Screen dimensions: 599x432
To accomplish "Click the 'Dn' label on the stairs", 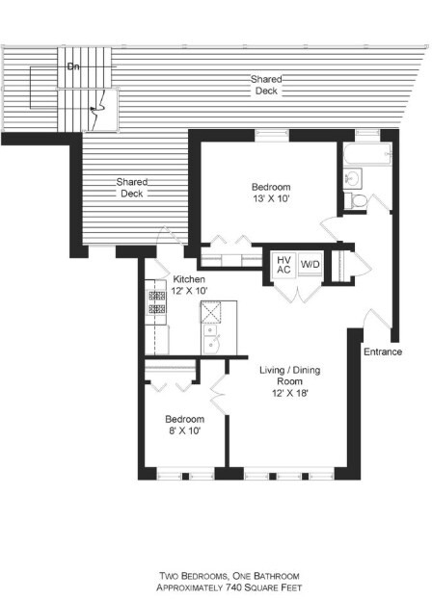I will [x=73, y=66].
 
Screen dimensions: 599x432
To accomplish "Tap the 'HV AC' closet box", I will [x=283, y=265].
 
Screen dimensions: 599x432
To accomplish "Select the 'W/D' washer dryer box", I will [x=310, y=264].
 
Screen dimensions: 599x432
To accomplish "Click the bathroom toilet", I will [x=356, y=200].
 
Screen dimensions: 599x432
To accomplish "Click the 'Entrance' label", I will [x=382, y=352].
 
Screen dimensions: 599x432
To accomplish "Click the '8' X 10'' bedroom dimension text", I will [x=183, y=432].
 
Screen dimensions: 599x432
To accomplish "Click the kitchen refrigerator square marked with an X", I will [x=211, y=311].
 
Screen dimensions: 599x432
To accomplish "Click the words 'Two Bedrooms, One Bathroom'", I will [x=216, y=574].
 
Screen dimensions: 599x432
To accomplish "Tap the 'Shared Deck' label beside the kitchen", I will [x=130, y=187].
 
